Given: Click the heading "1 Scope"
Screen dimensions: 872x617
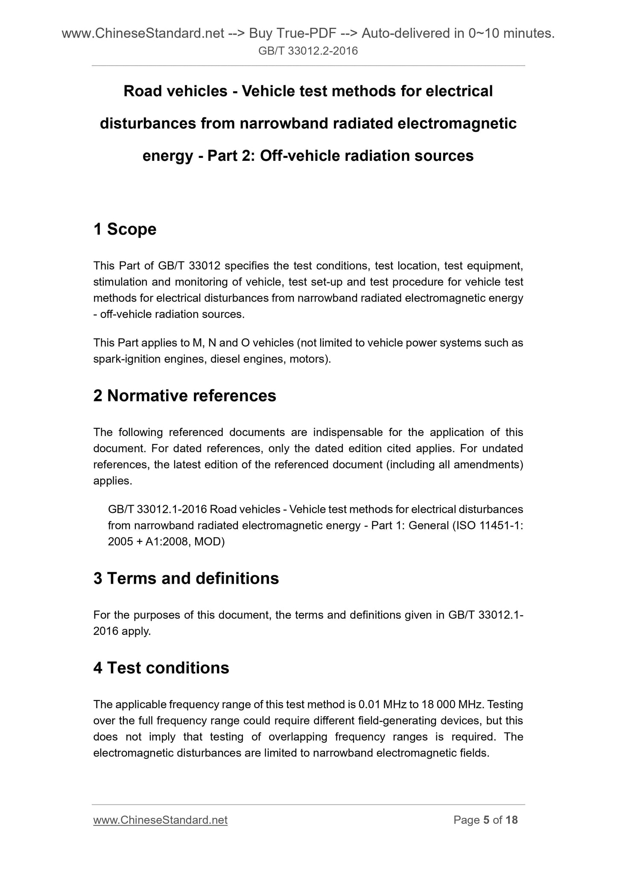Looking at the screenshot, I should [125, 230].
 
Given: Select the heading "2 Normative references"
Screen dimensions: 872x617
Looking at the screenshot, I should [184, 396].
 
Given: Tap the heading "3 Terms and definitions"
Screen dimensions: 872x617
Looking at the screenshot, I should [186, 578].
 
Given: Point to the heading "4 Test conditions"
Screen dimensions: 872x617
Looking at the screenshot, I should [161, 668].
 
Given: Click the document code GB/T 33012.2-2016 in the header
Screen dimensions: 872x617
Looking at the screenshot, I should [308, 52].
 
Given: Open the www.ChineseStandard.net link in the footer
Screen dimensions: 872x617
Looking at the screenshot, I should [160, 820].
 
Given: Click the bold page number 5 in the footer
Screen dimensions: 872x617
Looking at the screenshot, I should [486, 820].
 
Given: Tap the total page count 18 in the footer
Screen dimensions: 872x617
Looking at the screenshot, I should [511, 820].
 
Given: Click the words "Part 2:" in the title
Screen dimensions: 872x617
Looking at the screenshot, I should [231, 156].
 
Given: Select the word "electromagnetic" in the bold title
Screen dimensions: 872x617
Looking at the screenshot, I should [457, 124].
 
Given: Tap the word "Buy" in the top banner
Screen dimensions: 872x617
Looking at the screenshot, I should [261, 33].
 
